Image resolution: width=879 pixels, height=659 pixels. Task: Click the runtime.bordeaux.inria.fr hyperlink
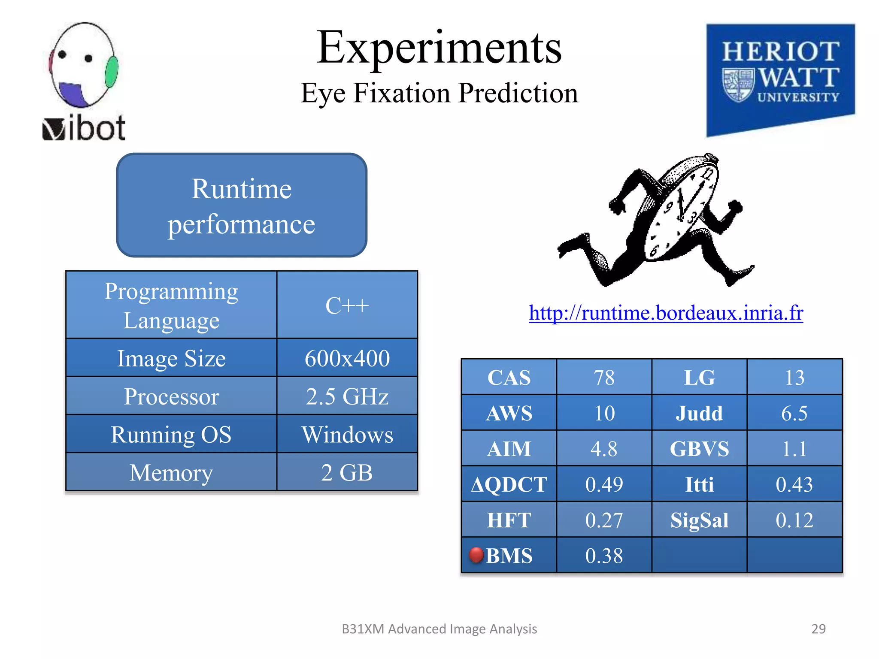666,313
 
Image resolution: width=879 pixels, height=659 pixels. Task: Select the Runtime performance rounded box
242,205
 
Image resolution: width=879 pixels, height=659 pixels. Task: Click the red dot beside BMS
476,555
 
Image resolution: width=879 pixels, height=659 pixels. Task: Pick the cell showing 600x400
347,358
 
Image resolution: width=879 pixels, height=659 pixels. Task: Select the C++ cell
347,305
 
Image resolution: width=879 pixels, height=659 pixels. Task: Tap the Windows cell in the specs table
347,434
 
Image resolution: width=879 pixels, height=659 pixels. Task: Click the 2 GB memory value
347,472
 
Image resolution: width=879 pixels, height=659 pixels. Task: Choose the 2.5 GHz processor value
347,396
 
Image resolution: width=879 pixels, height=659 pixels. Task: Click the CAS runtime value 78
604,378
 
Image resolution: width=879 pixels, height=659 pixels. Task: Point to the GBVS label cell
699,449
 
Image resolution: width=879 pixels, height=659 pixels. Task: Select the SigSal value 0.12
794,520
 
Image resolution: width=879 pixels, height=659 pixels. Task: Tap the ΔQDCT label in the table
509,484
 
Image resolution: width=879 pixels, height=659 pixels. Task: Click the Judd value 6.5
794,413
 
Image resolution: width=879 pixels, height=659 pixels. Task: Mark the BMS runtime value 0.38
604,556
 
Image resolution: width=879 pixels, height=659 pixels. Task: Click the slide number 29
818,629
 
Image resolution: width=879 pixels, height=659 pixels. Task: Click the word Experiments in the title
439,48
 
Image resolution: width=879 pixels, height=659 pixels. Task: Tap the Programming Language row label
171,305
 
